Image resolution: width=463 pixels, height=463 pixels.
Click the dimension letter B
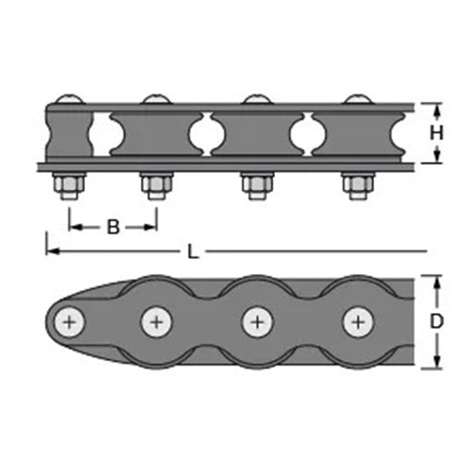click(x=113, y=228)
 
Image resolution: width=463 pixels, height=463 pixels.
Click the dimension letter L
click(x=193, y=252)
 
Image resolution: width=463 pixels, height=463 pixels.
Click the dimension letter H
click(x=436, y=133)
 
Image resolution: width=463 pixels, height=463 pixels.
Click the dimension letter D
click(x=436, y=321)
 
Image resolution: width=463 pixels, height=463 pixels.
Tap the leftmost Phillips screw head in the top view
click(x=69, y=322)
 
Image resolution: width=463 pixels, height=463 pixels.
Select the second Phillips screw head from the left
click(x=156, y=322)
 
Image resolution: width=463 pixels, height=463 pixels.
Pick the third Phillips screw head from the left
click(x=257, y=322)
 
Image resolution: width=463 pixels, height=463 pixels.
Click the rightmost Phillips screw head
click(x=358, y=322)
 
